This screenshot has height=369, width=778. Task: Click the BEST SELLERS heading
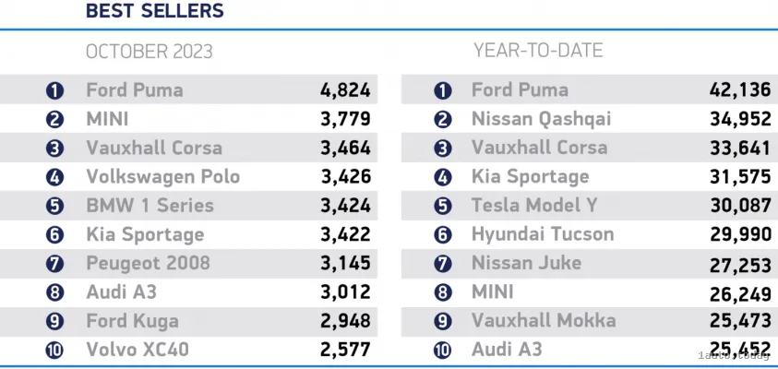point(154,12)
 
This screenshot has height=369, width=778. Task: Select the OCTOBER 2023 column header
point(149,52)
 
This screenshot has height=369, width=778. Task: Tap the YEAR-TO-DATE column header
point(537,50)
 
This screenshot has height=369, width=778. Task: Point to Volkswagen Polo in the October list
point(162,177)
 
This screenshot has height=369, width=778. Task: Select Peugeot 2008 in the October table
point(148,263)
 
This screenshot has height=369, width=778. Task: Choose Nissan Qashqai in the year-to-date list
point(541,119)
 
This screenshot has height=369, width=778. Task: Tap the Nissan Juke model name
point(526,263)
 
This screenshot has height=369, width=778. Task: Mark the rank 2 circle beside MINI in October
point(54,119)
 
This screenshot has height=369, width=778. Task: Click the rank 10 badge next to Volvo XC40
point(54,351)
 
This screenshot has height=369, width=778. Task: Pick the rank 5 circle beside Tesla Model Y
point(443,206)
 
